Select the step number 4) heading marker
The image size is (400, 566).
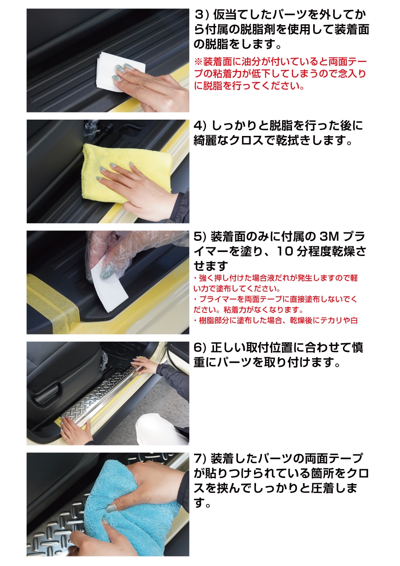(x=200, y=126)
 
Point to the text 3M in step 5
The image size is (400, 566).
(x=329, y=237)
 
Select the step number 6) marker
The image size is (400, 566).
(x=200, y=348)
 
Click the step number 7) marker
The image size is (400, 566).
(x=200, y=458)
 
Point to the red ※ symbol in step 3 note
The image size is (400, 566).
(x=198, y=62)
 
